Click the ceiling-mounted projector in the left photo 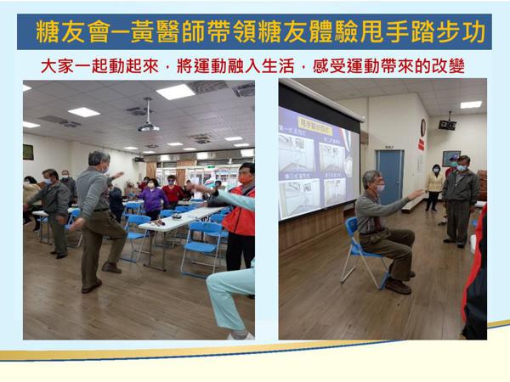[x=149, y=126]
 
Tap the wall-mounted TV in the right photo [x=447, y=124]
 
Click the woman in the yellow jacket [x=435, y=187]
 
